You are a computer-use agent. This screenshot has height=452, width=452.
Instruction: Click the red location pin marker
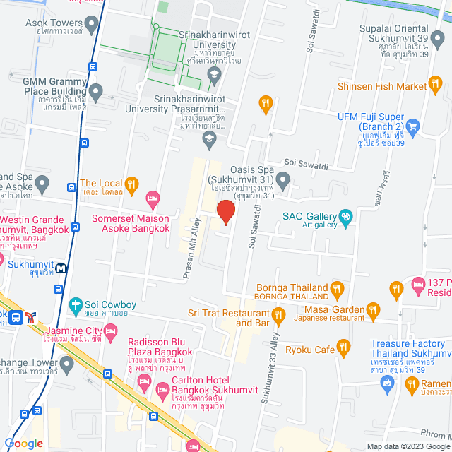[x=225, y=212]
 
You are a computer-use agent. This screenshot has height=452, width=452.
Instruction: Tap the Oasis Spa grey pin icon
[x=283, y=182]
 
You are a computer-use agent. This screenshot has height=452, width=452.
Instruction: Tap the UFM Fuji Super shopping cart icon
[x=413, y=127]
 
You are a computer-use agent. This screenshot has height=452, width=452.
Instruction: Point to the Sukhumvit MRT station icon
[x=62, y=268]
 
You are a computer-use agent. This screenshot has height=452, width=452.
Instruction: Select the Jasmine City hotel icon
[x=109, y=331]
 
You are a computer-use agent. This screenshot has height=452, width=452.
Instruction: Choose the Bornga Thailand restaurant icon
[x=337, y=287]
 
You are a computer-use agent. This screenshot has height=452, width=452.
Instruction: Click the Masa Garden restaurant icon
[x=373, y=309]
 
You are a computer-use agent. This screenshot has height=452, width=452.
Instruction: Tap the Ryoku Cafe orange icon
[x=344, y=347]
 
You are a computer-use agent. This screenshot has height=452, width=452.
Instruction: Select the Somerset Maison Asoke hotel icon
[x=151, y=196]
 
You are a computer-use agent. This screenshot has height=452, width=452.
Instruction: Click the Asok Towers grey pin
[x=92, y=25]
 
